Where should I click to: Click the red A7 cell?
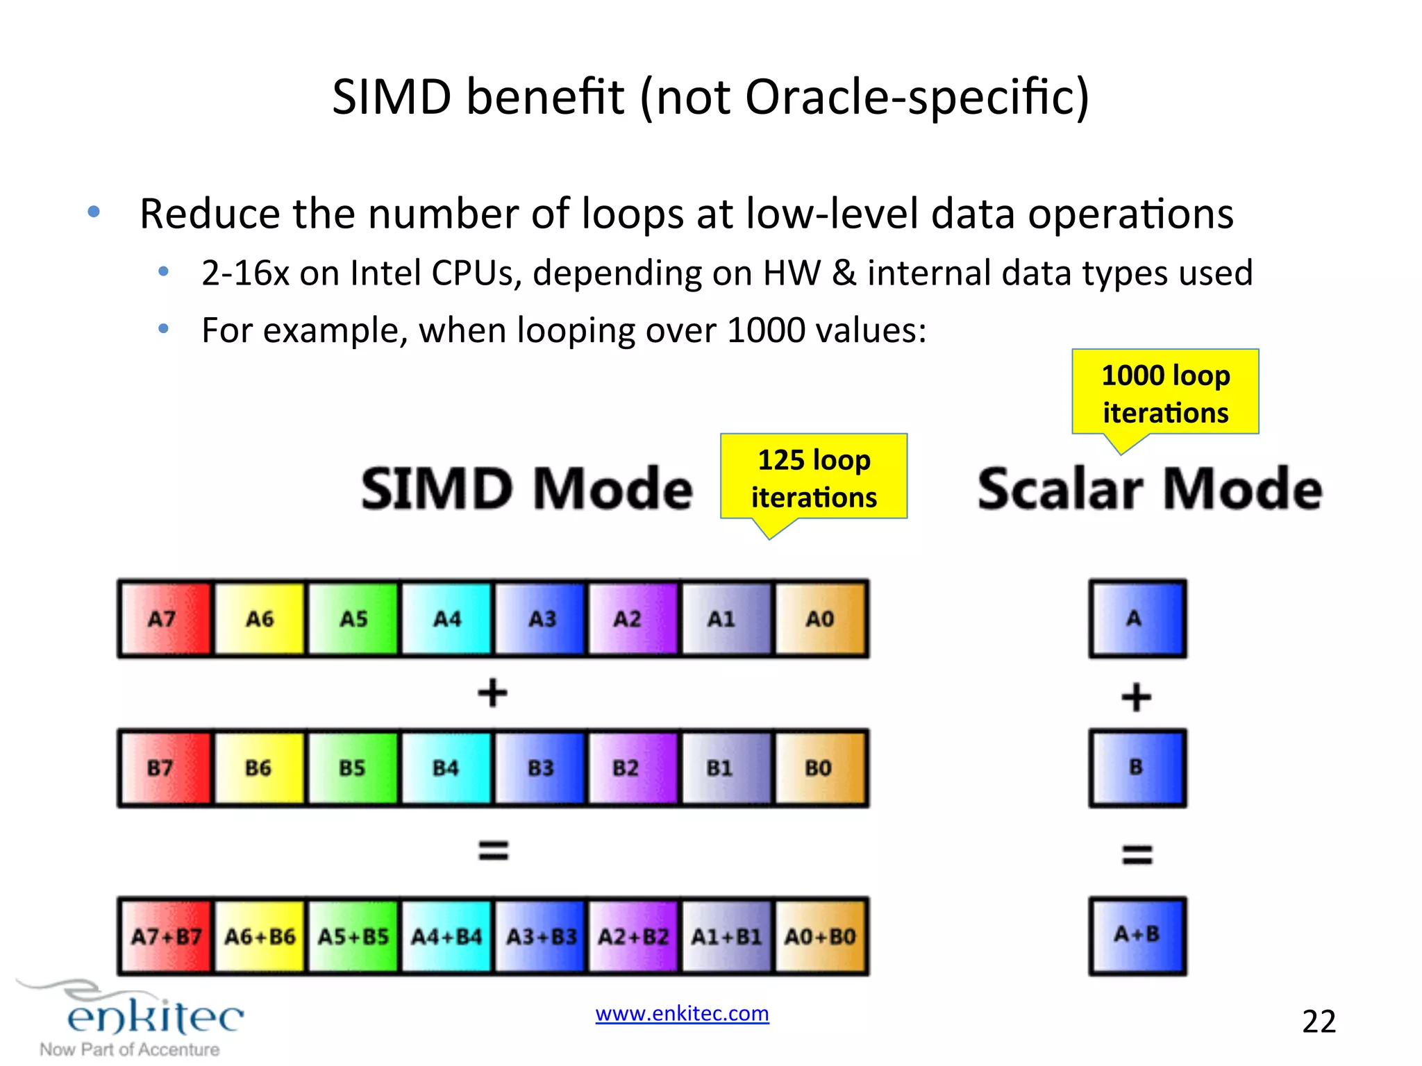165,618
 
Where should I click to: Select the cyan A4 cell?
446,618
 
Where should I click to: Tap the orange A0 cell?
821,618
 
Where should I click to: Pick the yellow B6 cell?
259,768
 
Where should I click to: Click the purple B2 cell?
633,768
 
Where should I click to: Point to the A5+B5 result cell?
353,937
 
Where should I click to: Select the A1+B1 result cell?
726,937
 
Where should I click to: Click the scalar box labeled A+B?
1137,936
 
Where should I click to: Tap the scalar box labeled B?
1137,768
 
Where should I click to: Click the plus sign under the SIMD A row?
492,693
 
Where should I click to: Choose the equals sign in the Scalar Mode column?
1137,854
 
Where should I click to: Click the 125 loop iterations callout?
814,477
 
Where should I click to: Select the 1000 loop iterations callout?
1165,393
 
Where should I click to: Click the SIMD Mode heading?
527,489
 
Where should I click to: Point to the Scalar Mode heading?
1150,489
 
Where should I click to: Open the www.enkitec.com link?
682,1013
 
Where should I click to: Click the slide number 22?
1319,1022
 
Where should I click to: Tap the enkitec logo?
154,1017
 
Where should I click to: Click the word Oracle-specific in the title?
917,97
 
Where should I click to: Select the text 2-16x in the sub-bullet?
244,273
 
